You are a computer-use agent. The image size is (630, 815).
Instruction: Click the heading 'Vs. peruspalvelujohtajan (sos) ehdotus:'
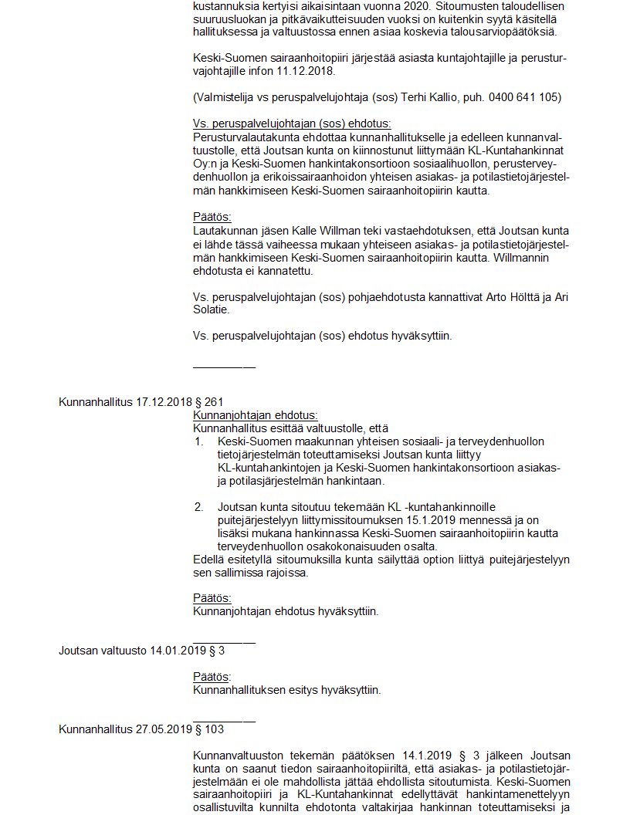point(291,124)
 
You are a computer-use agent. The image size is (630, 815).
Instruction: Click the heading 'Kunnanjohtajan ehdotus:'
point(255,415)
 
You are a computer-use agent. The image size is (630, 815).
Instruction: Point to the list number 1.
point(198,441)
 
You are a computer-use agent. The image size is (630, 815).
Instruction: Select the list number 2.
point(198,508)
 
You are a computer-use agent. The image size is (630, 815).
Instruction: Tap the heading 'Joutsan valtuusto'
point(103,651)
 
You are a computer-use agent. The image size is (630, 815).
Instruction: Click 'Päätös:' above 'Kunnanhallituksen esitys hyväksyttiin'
point(212,677)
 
